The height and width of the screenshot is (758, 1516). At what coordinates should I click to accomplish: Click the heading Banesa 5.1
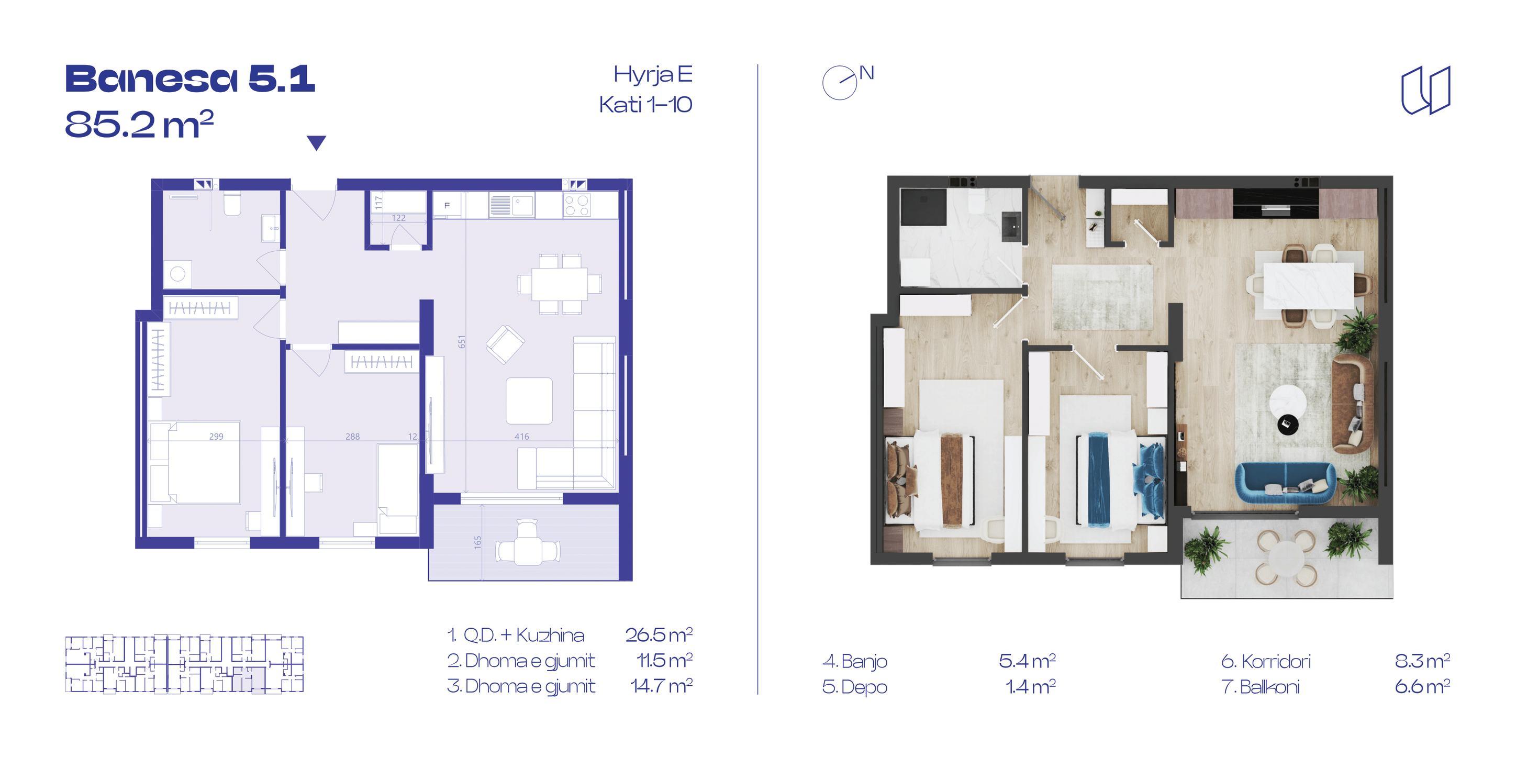[190, 80]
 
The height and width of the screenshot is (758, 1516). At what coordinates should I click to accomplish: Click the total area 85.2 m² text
[139, 124]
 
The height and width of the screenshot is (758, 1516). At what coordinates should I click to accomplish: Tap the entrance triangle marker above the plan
[317, 142]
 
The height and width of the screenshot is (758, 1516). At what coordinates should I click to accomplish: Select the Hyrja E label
[653, 75]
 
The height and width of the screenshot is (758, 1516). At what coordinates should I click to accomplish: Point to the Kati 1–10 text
[645, 105]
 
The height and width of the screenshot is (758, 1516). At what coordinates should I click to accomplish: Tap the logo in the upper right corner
[1425, 90]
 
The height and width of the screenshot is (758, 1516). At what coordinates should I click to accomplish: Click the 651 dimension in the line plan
[462, 342]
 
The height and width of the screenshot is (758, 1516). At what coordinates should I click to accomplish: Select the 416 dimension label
[521, 437]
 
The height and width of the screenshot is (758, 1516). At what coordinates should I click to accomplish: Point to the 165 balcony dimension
[477, 541]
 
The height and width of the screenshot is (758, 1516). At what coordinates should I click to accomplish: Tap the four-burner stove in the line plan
[577, 205]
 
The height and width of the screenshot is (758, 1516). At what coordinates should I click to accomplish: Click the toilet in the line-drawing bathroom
[232, 203]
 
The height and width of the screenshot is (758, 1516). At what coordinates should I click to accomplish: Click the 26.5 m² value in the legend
[659, 634]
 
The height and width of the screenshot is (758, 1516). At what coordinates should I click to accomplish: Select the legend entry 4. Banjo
[854, 662]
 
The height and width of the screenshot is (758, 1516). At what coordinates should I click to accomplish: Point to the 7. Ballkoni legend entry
[1261, 687]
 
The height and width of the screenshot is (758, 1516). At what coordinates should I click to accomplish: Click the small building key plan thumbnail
[184, 664]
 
